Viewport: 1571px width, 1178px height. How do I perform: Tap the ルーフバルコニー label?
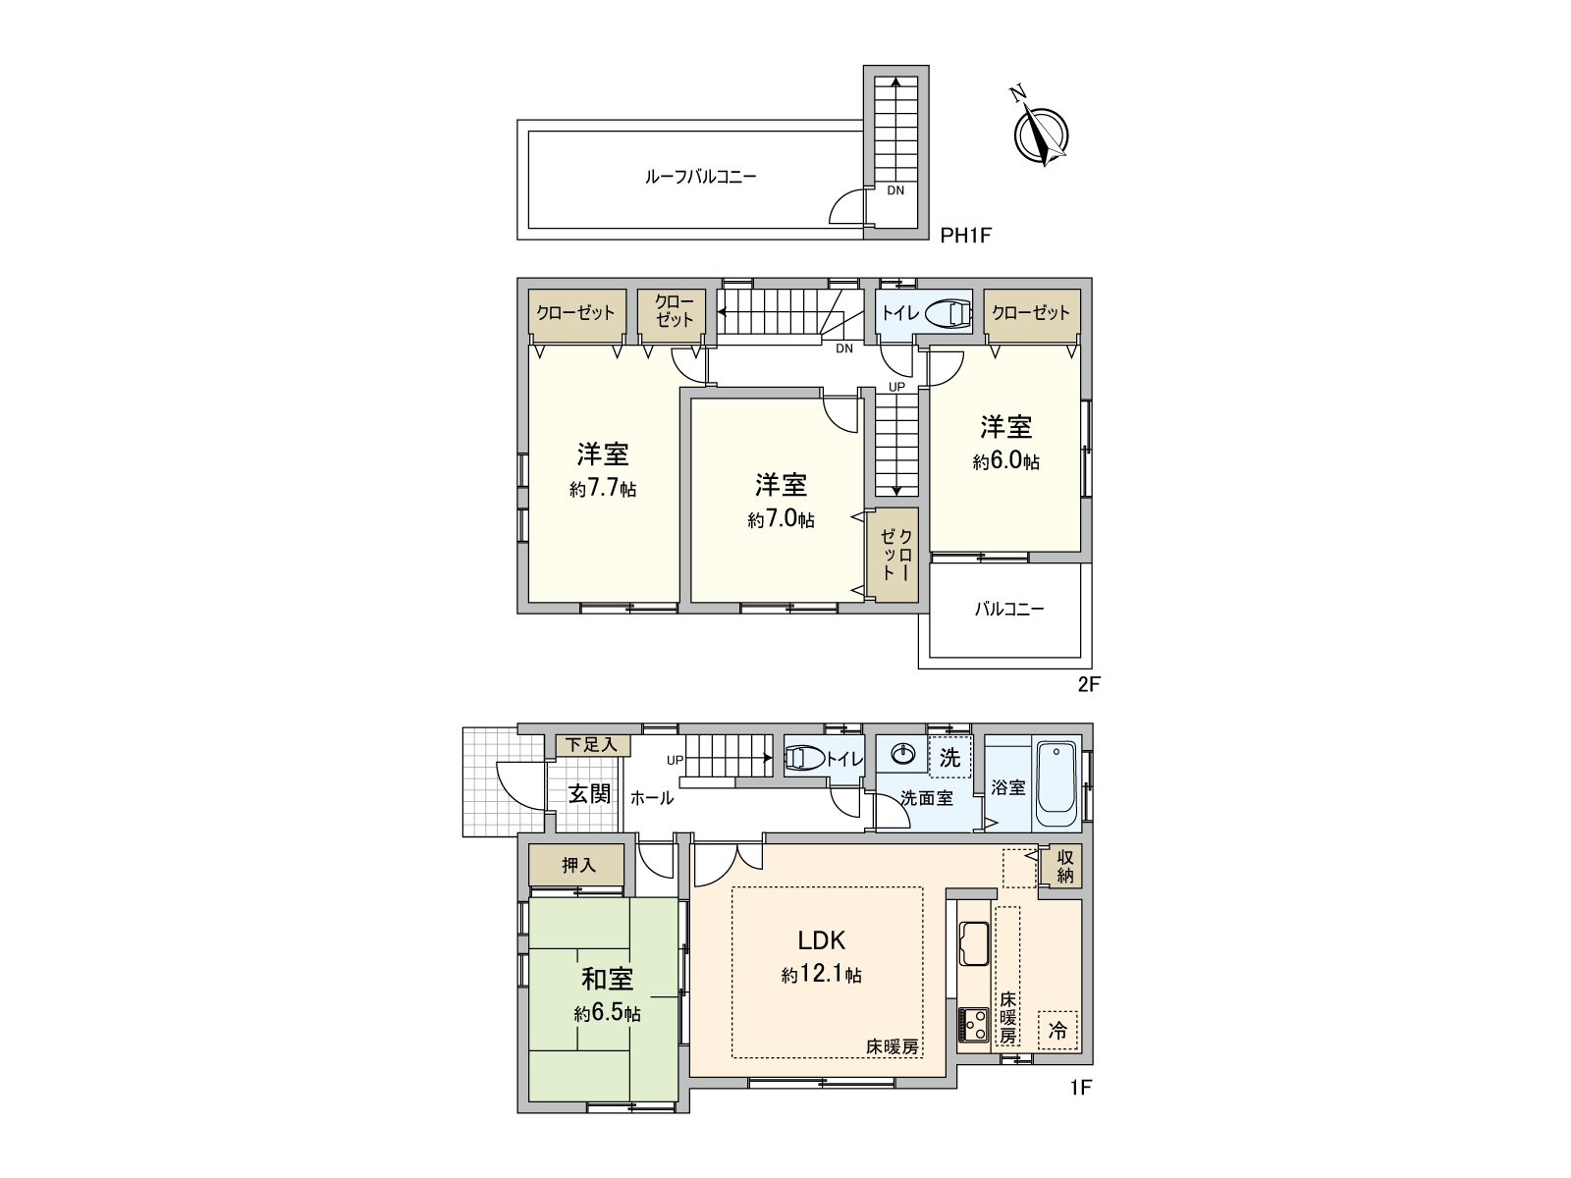coord(700,178)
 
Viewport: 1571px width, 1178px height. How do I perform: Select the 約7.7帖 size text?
coord(603,489)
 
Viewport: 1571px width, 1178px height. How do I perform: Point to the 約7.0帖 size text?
coord(781,520)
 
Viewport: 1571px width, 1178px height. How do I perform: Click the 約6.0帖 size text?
coord(1006,461)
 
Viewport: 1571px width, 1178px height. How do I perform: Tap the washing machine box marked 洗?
coord(949,758)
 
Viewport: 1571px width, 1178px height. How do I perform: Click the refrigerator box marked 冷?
coord(1057,1031)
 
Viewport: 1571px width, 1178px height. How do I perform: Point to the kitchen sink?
coord(974,944)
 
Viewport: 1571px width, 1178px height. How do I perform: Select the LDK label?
coord(821,940)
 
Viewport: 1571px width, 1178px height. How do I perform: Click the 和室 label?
coord(607,979)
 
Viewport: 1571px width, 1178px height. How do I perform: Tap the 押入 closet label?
coord(578,866)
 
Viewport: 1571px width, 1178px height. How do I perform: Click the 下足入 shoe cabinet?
coord(592,745)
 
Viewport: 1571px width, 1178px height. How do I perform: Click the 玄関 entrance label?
coord(589,793)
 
